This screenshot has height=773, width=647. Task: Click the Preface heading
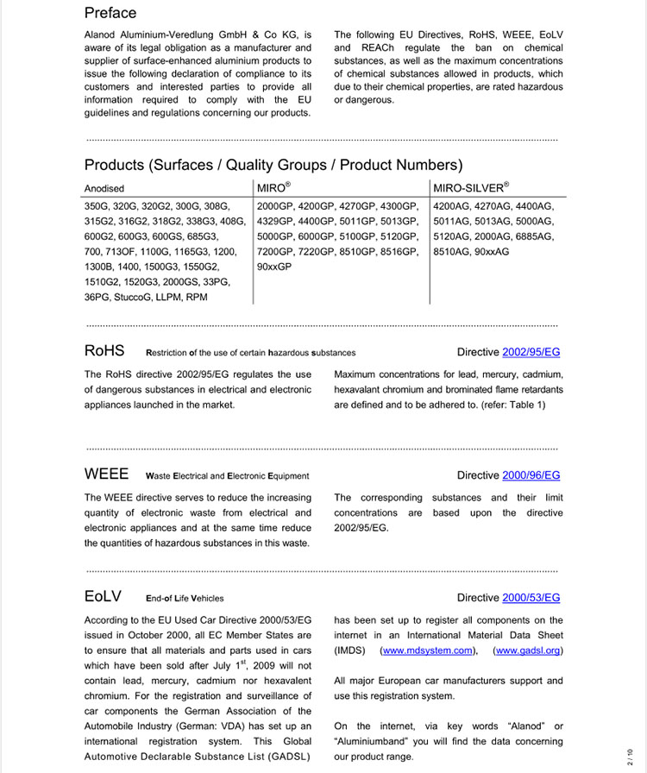tap(110, 13)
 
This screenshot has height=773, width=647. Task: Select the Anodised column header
tap(104, 188)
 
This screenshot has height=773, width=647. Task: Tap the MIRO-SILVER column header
tap(470, 187)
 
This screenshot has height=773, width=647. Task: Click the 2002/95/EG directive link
tap(531, 352)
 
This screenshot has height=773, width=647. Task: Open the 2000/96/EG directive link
tap(531, 475)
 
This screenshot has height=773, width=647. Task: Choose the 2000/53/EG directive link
tap(531, 598)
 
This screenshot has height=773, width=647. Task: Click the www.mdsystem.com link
tap(428, 650)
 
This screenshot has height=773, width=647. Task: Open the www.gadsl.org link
tap(528, 650)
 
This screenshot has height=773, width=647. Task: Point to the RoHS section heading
tap(104, 351)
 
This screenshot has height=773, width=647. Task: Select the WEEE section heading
tap(106, 474)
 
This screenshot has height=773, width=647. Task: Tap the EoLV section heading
tap(104, 597)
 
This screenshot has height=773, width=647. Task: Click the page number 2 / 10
tap(630, 757)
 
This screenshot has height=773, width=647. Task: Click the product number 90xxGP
tap(274, 267)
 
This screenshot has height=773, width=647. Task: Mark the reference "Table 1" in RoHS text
tap(522, 405)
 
